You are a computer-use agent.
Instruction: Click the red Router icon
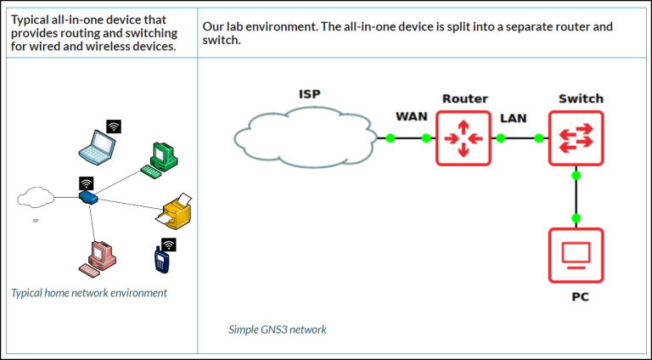[464, 138]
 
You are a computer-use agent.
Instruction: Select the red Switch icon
[576, 138]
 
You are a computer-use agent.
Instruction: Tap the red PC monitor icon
[576, 254]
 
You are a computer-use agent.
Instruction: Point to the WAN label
[412, 116]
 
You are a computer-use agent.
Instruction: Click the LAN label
[514, 117]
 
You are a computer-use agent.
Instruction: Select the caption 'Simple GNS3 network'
[277, 329]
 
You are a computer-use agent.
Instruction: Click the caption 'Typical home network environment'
[89, 293]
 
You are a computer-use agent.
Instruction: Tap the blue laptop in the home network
[96, 148]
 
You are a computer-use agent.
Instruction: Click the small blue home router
[88, 198]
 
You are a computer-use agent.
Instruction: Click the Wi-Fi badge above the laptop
[113, 127]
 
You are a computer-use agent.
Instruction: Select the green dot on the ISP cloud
[391, 138]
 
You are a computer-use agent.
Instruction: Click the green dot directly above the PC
[576, 218]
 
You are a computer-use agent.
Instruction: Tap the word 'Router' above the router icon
[464, 98]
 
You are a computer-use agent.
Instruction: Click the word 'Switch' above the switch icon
[580, 98]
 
